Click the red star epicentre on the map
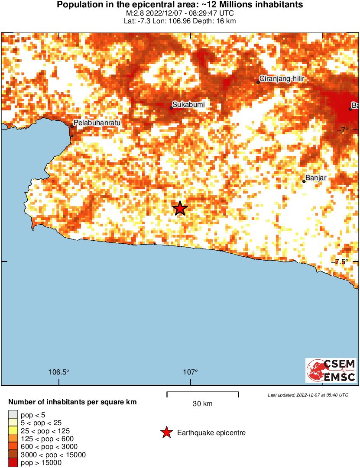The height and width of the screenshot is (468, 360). pos(180,208)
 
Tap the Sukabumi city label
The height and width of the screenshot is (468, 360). pos(188,104)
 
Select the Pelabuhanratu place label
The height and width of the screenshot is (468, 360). pos(97,123)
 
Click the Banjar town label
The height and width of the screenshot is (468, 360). pos(315,178)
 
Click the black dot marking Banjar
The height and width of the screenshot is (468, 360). pos(304,181)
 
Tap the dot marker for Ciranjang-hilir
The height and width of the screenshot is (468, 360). pos(258,82)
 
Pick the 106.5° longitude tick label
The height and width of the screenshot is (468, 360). pos(59,372)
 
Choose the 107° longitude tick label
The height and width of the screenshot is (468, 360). pos(190,372)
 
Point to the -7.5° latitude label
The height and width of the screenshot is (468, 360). pos(342,261)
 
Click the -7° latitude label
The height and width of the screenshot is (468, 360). pos(344,130)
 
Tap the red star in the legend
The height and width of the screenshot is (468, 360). pos(166,432)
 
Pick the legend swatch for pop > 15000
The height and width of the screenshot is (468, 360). pos(13,463)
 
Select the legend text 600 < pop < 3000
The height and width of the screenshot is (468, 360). pos(48,447)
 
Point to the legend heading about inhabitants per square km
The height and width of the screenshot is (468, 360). pos(72,402)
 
